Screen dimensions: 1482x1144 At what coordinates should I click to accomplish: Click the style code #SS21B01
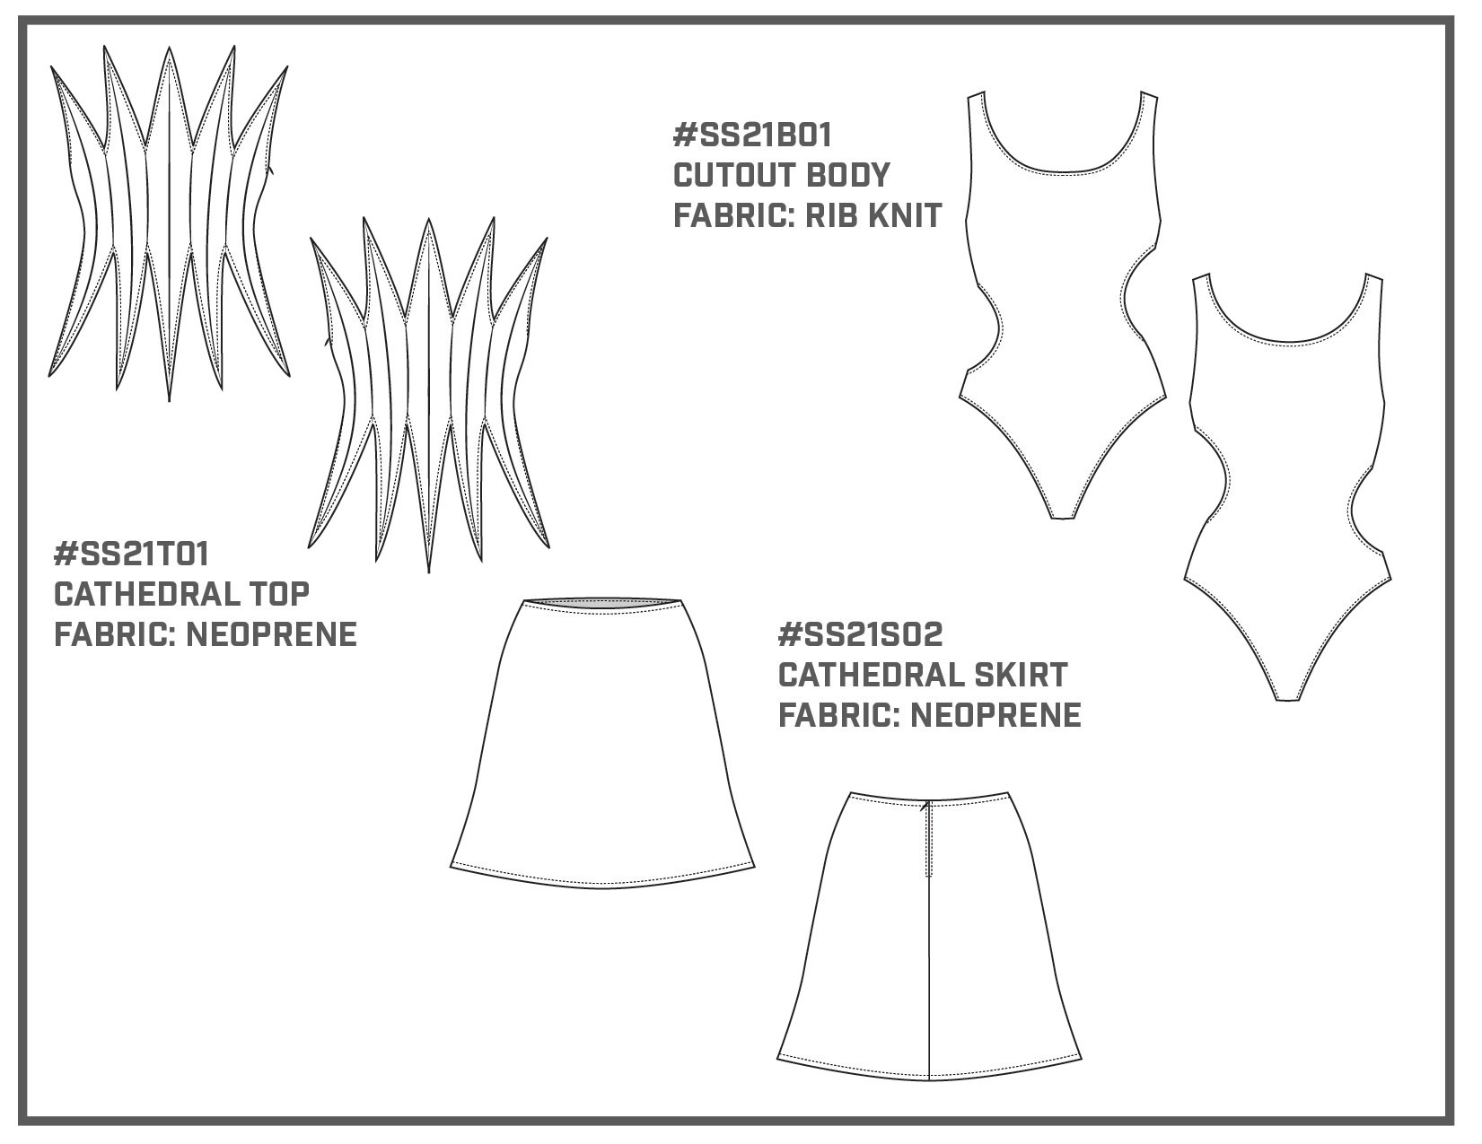tap(752, 135)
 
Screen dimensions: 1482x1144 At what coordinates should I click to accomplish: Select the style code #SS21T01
tap(131, 554)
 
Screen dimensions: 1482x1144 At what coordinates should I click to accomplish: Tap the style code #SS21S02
tap(861, 634)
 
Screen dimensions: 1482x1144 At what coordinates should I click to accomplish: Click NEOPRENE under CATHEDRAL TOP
tap(271, 634)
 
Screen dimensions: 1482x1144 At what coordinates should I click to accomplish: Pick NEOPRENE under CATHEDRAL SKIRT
tap(995, 715)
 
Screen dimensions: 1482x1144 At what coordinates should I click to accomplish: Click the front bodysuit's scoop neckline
tap(1063, 170)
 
